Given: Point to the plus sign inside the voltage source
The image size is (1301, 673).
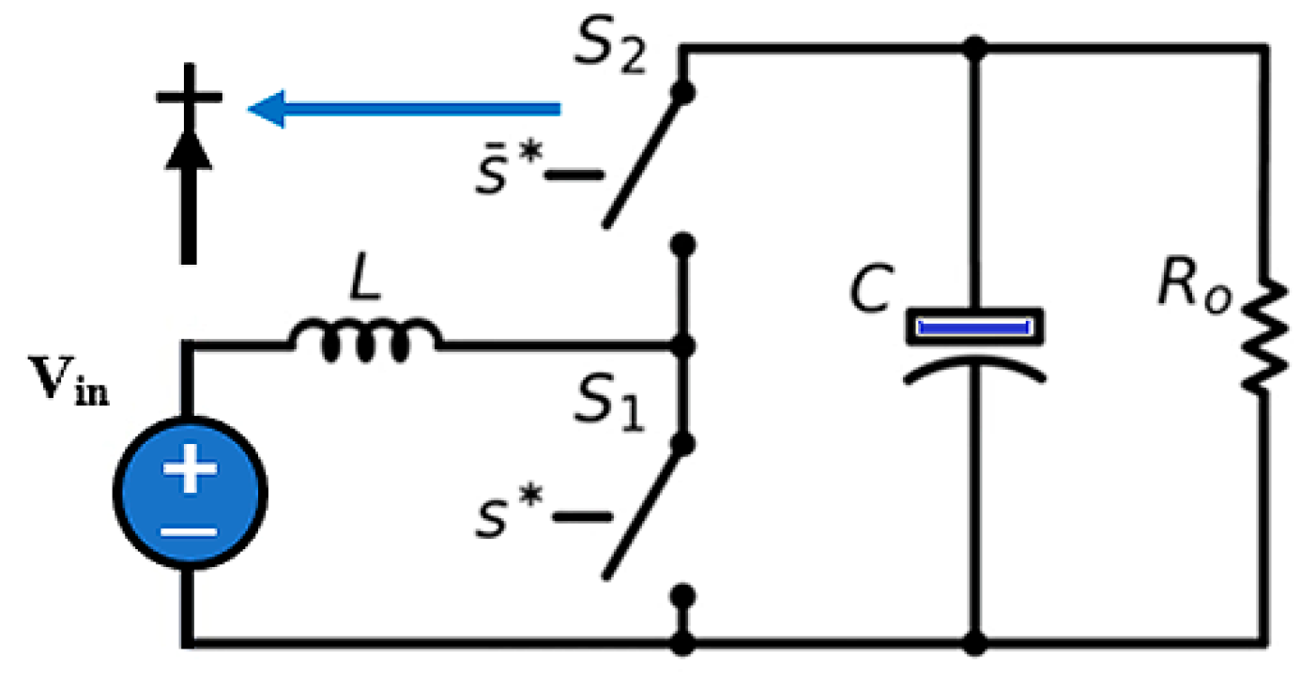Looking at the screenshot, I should (x=191, y=468).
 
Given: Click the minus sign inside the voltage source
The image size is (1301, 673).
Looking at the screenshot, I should (x=191, y=530).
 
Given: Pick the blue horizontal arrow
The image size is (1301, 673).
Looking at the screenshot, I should (x=404, y=109).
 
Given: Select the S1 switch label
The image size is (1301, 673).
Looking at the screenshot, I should (x=610, y=405).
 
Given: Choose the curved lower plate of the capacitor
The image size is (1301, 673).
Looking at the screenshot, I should (x=974, y=367).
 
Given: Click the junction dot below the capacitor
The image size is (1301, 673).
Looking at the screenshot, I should (x=976, y=644).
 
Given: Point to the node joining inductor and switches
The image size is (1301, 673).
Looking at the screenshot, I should (x=684, y=345).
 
